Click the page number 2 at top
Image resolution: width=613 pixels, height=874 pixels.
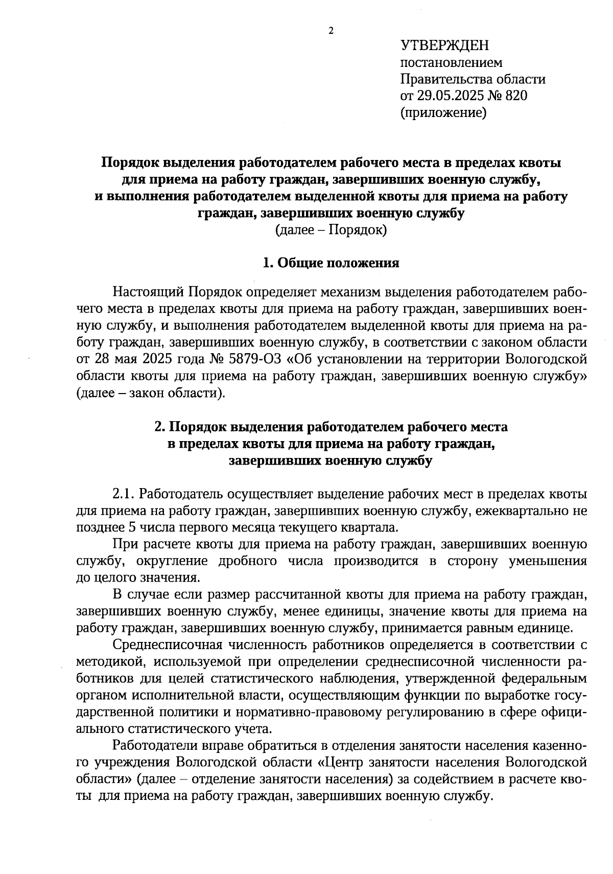(331, 31)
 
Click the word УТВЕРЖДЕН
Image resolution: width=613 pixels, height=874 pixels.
(444, 46)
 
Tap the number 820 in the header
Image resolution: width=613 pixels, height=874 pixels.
(515, 96)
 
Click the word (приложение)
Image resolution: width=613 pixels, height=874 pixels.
(443, 112)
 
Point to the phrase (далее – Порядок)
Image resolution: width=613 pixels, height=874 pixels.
(331, 230)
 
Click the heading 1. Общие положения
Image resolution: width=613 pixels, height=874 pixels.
(331, 263)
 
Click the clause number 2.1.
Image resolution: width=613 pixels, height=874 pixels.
(123, 494)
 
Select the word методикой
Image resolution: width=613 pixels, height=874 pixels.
(108, 662)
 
